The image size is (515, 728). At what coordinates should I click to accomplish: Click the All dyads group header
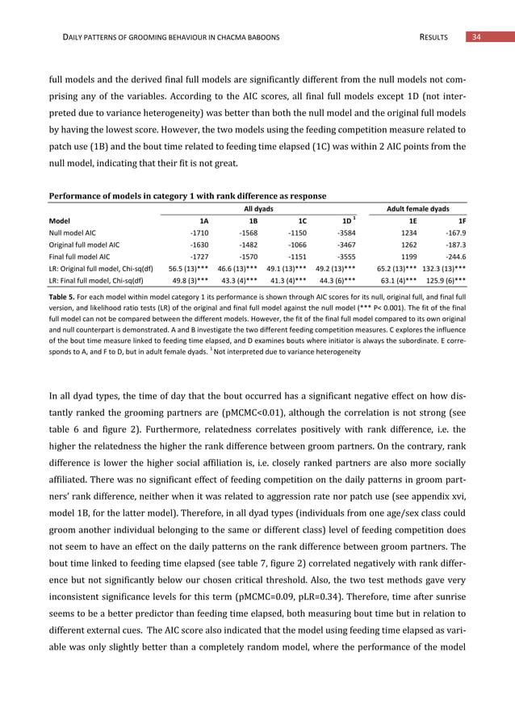click(x=258, y=207)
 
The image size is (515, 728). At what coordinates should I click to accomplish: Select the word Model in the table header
click(x=60, y=219)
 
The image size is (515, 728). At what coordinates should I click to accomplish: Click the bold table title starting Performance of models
click(x=188, y=195)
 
